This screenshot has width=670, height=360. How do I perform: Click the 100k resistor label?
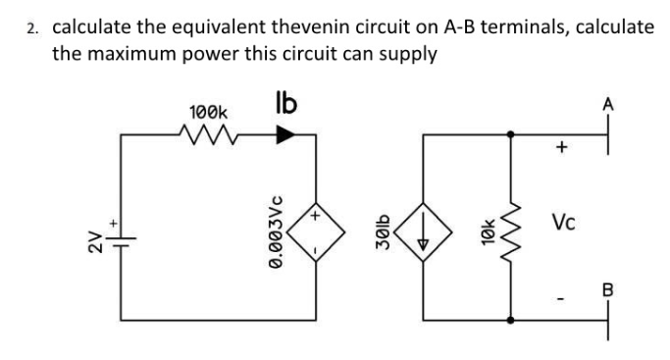(x=207, y=113)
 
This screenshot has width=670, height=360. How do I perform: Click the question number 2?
(x=32, y=27)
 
